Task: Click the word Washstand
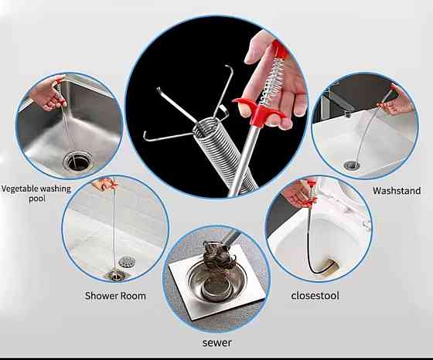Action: pyautogui.click(x=397, y=191)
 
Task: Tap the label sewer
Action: pyautogui.click(x=217, y=343)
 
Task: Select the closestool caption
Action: pyautogui.click(x=315, y=295)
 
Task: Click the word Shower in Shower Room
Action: pyautogui.click(x=100, y=296)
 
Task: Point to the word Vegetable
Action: pyautogui.click(x=19, y=189)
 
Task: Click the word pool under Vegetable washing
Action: pyautogui.click(x=37, y=199)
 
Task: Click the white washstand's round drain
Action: pyautogui.click(x=352, y=165)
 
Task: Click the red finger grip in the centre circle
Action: pyautogui.click(x=258, y=111)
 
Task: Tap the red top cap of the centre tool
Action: pyautogui.click(x=279, y=49)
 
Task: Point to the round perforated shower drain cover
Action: pyautogui.click(x=127, y=262)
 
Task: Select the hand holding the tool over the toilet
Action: pyautogui.click(x=298, y=193)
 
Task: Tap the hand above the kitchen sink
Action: pyautogui.click(x=48, y=93)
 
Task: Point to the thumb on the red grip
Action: pyautogui.click(x=247, y=107)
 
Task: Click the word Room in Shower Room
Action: pyautogui.click(x=133, y=296)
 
